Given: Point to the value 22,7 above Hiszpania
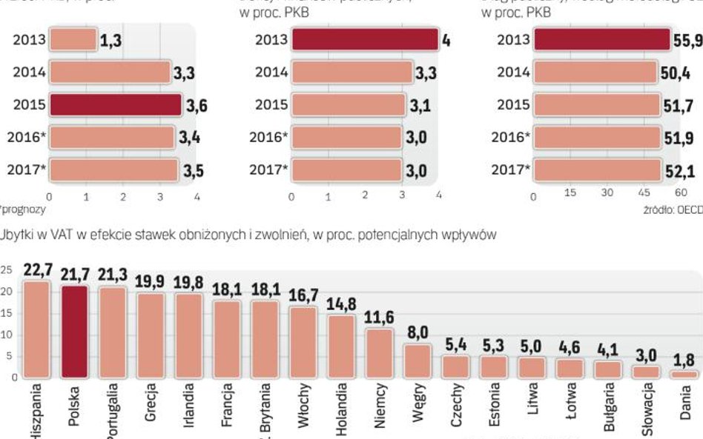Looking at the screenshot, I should (37, 269).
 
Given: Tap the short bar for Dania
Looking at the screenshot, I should (684, 375).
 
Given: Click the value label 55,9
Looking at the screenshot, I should (687, 41).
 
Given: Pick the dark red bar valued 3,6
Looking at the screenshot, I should (115, 105).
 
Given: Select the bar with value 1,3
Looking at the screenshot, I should (73, 41).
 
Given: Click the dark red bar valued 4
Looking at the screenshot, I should (365, 40).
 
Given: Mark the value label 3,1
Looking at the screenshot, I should (420, 106).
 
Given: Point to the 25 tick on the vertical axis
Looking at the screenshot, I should (7, 271).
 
